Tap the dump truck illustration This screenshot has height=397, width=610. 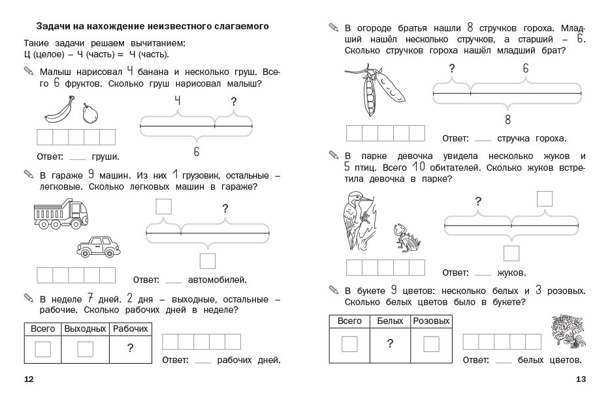[x=57, y=213]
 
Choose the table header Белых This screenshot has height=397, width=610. [x=390, y=321]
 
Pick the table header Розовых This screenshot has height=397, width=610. [x=431, y=321]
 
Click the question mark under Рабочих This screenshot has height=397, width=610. [x=131, y=349]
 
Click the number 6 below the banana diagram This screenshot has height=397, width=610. [x=196, y=151]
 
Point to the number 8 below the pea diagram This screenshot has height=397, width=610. [x=507, y=119]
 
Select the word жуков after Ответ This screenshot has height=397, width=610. [x=512, y=272]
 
